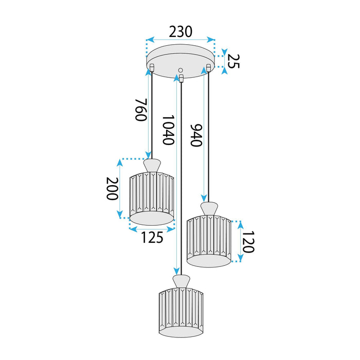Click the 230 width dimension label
coord(181,31)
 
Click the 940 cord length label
coord(196,135)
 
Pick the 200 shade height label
coord(112,190)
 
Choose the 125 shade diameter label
coord(152,237)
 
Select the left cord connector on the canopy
coord(152,66)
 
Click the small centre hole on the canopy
coord(180,70)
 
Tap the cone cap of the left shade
coord(151,166)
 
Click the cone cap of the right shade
coord(208,209)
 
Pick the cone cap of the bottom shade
coord(180,281)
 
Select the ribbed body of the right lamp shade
coord(208,239)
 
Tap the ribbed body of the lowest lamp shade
coord(180,311)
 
